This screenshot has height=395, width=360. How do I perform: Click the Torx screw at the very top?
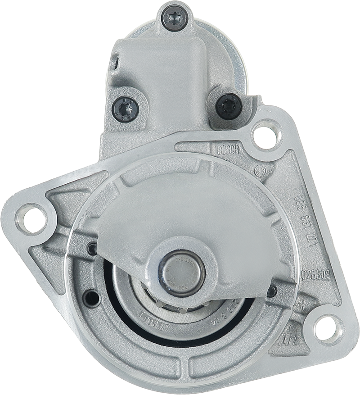175,18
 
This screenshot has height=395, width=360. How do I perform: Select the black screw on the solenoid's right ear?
229,106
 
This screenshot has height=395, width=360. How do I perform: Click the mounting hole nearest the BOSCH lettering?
265,134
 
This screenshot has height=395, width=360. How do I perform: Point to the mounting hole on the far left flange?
31,219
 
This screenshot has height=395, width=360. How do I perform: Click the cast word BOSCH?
228,150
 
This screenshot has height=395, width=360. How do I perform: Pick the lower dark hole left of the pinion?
92,298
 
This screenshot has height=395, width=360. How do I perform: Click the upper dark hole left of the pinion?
92,249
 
